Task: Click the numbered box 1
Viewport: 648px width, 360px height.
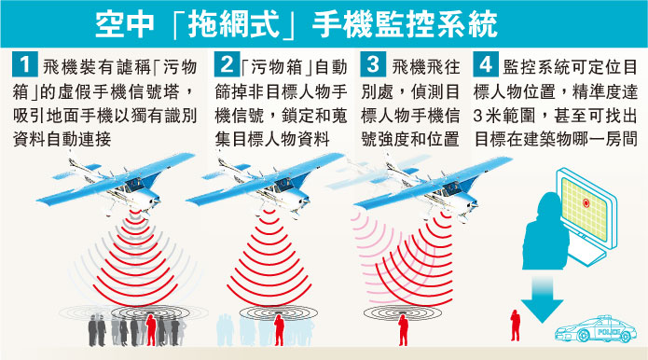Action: coord(25,64)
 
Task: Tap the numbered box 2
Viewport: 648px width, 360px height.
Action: coord(227,64)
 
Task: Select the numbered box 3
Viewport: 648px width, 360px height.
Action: coord(373,64)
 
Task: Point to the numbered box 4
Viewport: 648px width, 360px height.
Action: coord(486,64)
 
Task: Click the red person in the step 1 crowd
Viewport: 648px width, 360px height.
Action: coord(151,330)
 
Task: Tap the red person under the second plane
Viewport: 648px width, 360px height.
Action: coord(280,330)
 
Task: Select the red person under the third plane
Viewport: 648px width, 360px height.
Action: coord(403,330)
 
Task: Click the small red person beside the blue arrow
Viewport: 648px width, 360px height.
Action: coord(515,325)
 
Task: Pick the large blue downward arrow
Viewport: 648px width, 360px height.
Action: coord(542,300)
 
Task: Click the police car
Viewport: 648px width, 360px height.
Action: coord(595,329)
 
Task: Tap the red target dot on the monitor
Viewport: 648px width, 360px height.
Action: coord(586,202)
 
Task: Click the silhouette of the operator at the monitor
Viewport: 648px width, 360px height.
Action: coord(545,231)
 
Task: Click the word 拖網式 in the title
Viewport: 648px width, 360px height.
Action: coord(234,24)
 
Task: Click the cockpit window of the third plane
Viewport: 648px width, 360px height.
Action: coord(451,188)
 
